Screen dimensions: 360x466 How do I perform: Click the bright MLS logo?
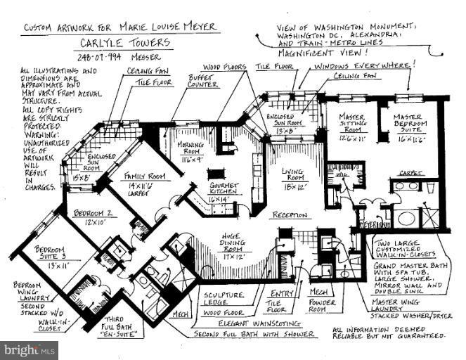(29, 349)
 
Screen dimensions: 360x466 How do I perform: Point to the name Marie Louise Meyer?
(167, 27)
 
